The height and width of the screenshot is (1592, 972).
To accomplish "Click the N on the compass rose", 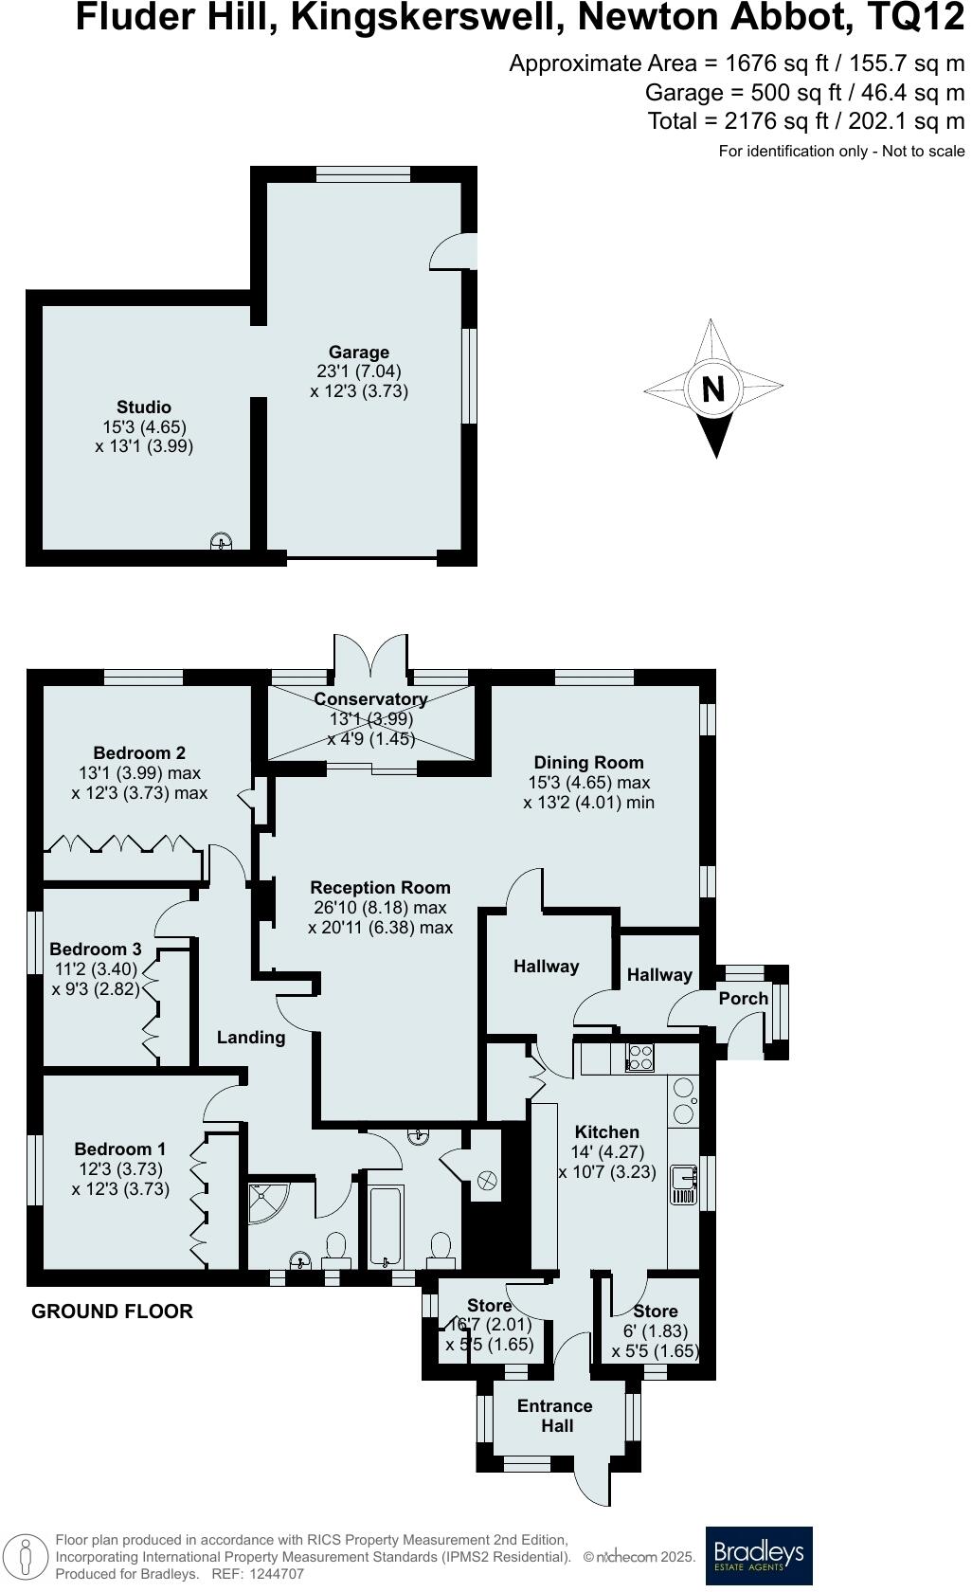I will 713,389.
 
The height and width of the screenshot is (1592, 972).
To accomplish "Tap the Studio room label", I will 144,407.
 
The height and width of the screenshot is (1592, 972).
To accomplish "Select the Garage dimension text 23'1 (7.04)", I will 359,371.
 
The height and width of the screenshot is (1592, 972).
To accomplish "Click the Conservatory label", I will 370,699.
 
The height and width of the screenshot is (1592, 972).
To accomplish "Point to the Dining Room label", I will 588,763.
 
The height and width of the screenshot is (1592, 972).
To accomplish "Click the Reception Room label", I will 380,888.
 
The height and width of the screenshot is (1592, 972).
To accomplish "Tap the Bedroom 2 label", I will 139,753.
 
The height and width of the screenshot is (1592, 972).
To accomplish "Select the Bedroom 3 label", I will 95,950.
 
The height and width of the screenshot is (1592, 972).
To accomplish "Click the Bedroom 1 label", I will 120,1149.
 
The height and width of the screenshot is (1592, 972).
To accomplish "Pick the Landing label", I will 251,1038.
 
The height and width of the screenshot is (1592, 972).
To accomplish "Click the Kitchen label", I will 607,1132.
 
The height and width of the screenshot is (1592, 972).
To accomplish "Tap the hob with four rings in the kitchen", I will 640,1058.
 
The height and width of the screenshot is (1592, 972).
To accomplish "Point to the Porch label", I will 744,999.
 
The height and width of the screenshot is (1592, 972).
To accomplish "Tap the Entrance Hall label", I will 555,1416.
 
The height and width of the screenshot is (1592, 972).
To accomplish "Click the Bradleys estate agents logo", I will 759,1555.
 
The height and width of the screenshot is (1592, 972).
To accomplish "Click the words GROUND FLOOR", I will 112,1312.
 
